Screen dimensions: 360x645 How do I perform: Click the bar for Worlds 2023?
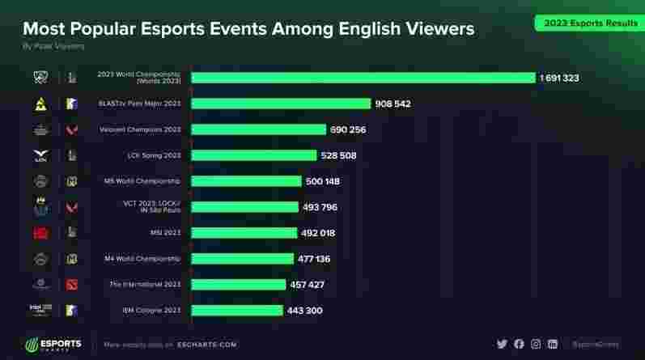[x=363, y=78]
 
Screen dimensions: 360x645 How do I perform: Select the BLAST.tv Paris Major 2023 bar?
[x=281, y=104]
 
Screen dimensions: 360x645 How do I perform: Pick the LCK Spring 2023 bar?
[x=253, y=155]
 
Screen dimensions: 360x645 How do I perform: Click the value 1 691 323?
[x=559, y=78]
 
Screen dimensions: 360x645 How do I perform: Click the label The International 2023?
[x=144, y=285]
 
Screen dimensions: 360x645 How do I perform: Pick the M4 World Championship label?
[x=142, y=259]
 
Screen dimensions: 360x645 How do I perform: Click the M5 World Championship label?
[x=142, y=181]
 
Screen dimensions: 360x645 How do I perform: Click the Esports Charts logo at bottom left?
[x=53, y=344]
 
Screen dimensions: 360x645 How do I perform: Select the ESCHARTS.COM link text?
[x=208, y=345]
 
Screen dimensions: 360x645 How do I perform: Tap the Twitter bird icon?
[x=502, y=344]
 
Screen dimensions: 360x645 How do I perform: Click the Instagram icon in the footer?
[x=536, y=344]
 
